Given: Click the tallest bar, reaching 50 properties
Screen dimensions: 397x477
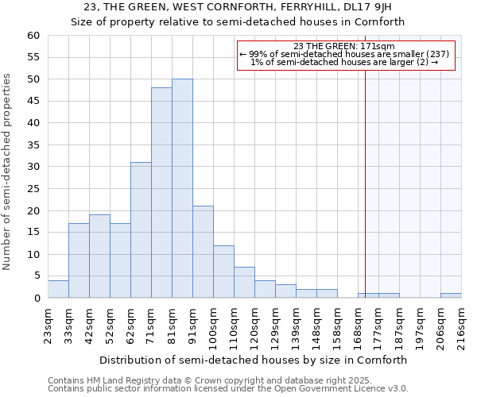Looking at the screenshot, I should point(182,188).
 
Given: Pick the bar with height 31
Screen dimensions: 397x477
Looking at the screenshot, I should point(141,230).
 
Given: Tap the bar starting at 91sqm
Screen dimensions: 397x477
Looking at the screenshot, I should point(203,252).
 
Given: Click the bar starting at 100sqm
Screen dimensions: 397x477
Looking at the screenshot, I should point(223,272).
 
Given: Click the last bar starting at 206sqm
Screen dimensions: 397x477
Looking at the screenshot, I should point(451,295).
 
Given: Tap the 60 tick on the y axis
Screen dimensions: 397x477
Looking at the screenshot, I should point(33,36).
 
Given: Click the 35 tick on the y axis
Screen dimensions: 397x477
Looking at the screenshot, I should point(33,145).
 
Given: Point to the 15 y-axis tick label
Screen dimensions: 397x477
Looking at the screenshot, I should point(33,233).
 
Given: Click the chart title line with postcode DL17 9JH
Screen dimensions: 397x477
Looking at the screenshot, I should point(238,7).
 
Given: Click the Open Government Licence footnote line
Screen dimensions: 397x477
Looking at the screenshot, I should point(228,389).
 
